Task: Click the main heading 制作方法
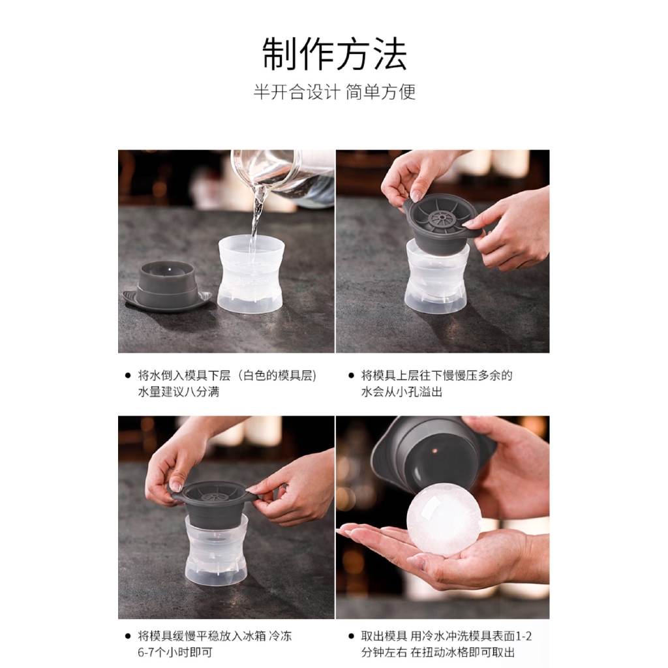[x=335, y=53]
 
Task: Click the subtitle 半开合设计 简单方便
[x=335, y=92]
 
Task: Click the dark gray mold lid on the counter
[x=167, y=286]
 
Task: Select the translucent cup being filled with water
[x=250, y=275]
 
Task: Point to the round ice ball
[x=444, y=519]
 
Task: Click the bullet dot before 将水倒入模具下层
[x=128, y=375]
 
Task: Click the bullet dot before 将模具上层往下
[x=351, y=375]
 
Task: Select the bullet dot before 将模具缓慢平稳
[x=128, y=636]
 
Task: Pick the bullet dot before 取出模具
[x=351, y=636]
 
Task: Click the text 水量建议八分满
[x=179, y=391]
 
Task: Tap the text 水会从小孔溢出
[x=402, y=391]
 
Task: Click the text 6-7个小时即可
[x=175, y=652]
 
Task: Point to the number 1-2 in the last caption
[x=524, y=636]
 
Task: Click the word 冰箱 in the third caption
[x=254, y=636]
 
